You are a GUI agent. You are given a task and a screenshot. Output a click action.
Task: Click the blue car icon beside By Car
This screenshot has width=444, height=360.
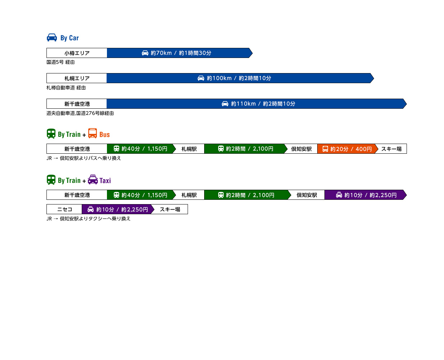point(52,37)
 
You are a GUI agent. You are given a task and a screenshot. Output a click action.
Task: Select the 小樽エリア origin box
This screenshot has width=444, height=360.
point(76,53)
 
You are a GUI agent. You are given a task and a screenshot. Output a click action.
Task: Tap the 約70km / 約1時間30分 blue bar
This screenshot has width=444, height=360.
point(179,53)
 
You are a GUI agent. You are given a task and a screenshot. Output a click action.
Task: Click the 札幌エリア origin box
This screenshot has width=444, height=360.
point(76,78)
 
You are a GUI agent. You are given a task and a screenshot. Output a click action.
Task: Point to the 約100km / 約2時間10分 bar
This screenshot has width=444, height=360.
point(240,78)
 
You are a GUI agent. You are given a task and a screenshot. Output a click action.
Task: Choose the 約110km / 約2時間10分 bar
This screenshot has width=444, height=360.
point(257,104)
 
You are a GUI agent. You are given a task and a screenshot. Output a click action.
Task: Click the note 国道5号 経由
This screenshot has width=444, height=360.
point(60,62)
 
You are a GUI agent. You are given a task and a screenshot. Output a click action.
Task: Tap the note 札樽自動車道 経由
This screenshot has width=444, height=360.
point(66,88)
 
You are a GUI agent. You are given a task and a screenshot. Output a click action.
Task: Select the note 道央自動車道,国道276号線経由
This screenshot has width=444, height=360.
point(80,113)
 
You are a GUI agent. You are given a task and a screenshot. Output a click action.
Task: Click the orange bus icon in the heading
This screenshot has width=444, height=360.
point(92,133)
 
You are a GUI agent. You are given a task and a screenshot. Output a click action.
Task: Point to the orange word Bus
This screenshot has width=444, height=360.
point(104,135)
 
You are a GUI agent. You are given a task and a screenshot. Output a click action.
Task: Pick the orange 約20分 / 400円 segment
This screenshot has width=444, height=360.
point(347,149)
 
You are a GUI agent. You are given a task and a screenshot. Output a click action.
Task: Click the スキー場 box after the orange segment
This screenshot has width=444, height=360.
point(391,149)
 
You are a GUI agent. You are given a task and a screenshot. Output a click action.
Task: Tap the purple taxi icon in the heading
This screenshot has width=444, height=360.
point(93,179)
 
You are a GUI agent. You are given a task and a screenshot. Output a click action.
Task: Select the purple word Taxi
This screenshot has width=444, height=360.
point(105,180)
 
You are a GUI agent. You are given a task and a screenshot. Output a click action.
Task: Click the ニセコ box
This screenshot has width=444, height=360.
point(64,209)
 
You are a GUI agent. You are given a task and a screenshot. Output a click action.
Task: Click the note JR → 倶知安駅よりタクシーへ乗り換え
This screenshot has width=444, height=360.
point(88,219)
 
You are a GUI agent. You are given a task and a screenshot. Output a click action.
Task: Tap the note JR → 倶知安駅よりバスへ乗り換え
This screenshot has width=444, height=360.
point(84,158)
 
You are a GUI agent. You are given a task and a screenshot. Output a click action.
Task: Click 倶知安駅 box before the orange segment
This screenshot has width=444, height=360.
point(301,149)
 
